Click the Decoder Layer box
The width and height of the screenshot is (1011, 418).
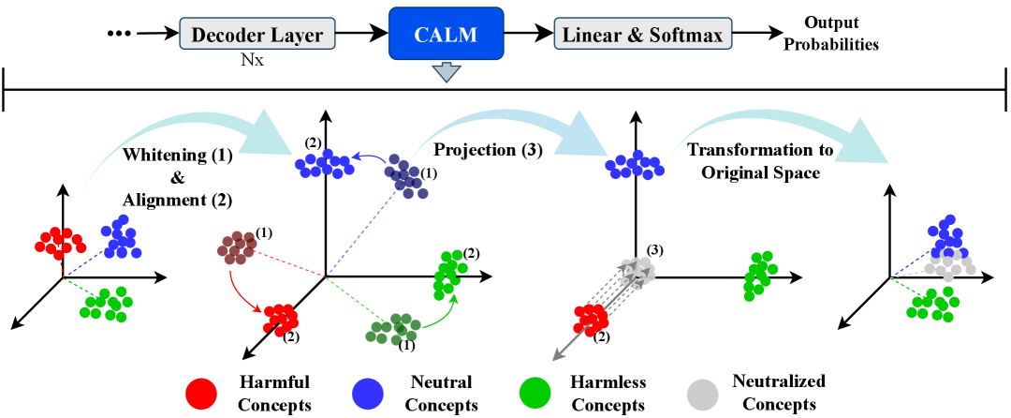(256, 36)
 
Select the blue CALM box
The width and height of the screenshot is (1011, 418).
(446, 35)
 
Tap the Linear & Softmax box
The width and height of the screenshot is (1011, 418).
(642, 36)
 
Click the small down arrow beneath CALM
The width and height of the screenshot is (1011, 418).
(447, 72)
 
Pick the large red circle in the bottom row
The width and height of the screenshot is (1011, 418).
(201, 394)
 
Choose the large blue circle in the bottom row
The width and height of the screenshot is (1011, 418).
(367, 394)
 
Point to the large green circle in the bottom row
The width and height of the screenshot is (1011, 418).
(535, 394)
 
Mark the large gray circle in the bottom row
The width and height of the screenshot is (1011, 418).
(702, 394)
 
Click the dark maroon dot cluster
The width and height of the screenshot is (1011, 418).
(237, 247)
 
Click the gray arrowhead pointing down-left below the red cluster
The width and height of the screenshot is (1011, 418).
(559, 354)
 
